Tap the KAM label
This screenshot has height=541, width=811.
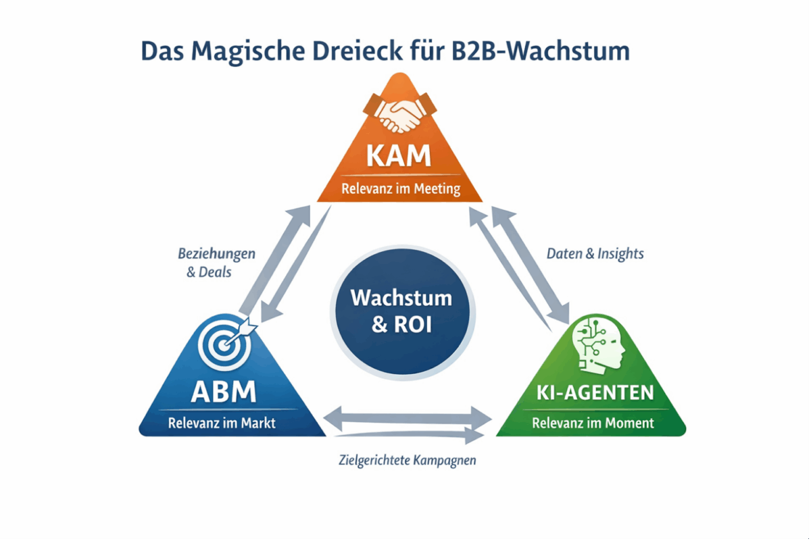[399, 155]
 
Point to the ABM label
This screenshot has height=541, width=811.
[224, 392]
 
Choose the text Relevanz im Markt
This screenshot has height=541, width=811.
[222, 424]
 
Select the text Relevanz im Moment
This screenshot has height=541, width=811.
[593, 423]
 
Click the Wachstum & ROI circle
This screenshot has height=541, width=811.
[402, 311]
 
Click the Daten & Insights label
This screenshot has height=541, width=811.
[595, 254]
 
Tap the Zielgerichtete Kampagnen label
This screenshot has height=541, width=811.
[408, 461]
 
